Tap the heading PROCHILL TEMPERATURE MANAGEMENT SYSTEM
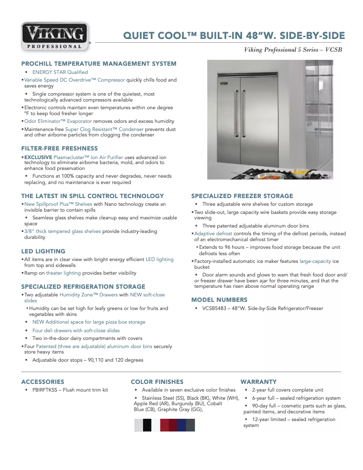(99, 64)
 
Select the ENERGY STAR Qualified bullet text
(60, 72)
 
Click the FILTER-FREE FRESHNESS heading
(59, 149)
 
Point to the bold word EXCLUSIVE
(38, 157)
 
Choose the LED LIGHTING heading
(43, 251)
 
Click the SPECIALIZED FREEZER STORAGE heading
(242, 196)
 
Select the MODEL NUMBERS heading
(219, 300)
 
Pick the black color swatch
(147, 425)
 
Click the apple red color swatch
(164, 425)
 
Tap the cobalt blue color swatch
(181, 425)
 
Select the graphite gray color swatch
(191, 425)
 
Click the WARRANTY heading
(258, 382)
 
